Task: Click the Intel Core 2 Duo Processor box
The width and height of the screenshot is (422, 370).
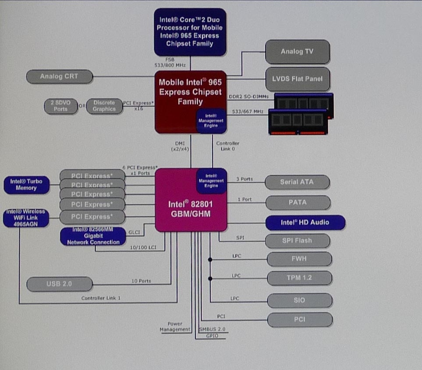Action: coord(190,32)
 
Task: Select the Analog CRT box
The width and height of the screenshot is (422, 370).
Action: coord(60,76)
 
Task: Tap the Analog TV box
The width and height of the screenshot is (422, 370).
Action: coord(297,52)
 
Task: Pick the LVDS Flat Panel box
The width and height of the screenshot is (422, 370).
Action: coord(297,79)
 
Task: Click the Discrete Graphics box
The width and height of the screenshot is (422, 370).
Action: coord(104,106)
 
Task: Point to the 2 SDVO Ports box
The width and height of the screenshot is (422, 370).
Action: coord(61,106)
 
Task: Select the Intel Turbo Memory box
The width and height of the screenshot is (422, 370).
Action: coord(26,185)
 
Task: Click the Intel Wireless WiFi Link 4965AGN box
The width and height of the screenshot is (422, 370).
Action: coord(26,218)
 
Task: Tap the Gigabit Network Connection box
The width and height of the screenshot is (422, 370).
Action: coord(93,236)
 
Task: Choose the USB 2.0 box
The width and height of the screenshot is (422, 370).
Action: coord(60,284)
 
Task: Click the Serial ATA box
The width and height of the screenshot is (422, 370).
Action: coord(298,182)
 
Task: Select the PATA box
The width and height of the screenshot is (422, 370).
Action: coord(298,202)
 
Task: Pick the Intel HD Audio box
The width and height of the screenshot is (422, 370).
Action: coord(305,223)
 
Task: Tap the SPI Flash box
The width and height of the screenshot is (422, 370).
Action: coord(298,241)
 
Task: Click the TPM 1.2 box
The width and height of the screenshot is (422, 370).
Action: coord(299,278)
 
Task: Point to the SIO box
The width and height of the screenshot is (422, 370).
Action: coord(299,301)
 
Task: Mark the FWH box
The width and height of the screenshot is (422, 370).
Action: coord(299,259)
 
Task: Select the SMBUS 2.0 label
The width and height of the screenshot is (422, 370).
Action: coord(212,329)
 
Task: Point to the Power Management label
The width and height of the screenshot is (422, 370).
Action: coord(175,327)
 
